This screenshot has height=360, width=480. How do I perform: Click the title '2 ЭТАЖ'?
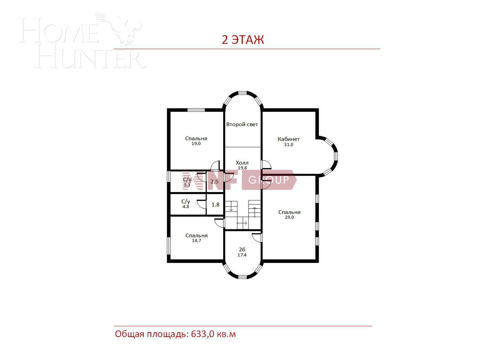[243, 40]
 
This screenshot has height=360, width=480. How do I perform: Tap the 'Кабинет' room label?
[289, 139]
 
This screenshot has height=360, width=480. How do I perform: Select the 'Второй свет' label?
[242, 124]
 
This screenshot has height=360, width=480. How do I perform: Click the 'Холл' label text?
[242, 163]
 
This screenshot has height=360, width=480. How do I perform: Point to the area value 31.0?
[289, 145]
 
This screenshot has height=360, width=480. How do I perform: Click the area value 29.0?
[289, 217]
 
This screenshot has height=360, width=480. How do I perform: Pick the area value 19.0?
[196, 144]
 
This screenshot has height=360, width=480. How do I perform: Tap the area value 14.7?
[196, 241]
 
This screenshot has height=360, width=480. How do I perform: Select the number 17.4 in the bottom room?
[242, 255]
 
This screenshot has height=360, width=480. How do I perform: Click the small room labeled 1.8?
[215, 205]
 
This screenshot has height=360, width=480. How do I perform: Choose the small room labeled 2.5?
[214, 182]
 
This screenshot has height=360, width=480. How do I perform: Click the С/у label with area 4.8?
[185, 202]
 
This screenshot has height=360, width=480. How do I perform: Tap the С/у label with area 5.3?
[187, 180]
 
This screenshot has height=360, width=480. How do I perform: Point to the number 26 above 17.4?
[242, 249]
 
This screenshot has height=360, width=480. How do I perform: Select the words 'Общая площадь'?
[151, 334]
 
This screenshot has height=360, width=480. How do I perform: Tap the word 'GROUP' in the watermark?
[268, 179]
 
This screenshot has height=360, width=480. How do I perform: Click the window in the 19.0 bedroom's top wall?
[196, 110]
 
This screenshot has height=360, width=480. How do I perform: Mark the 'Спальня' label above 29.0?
[289, 212]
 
